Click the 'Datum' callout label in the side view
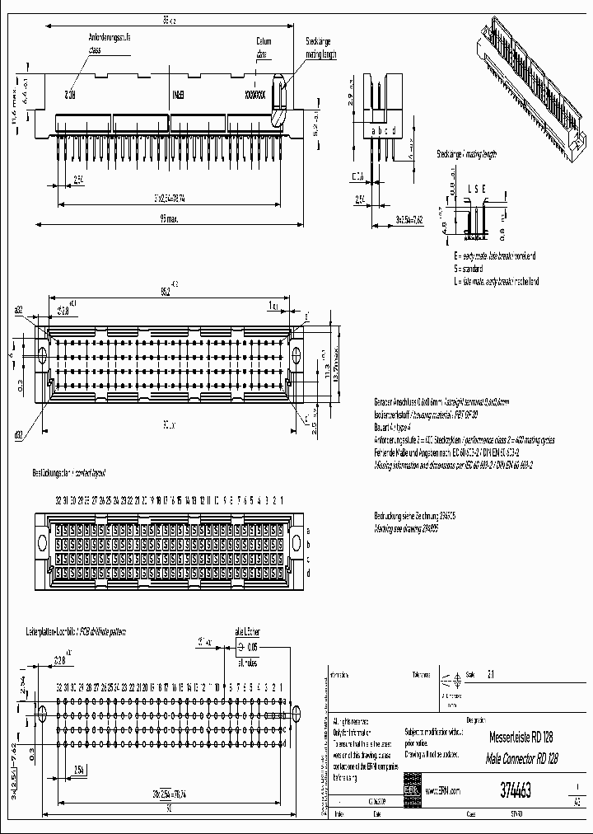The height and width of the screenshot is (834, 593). point(264,40)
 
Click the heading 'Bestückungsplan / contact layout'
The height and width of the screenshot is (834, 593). point(69,473)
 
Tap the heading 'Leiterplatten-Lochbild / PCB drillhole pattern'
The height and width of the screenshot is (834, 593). point(82,630)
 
